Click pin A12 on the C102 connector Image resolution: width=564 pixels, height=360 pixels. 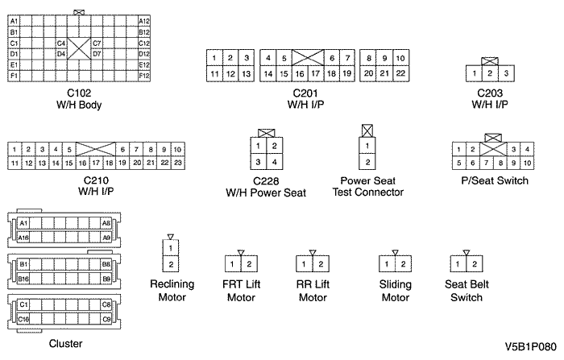pyautogui.click(x=144, y=21)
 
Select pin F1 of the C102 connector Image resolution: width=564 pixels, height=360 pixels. pyautogui.click(x=15, y=76)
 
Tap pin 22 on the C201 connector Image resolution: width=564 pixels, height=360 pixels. pyautogui.click(x=400, y=73)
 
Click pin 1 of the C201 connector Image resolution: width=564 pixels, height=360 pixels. pyautogui.click(x=214, y=58)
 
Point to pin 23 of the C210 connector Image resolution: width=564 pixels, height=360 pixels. pyautogui.click(x=177, y=163)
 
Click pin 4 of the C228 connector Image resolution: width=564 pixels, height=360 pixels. pyautogui.click(x=275, y=163)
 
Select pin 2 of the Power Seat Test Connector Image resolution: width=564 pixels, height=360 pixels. pyautogui.click(x=367, y=163)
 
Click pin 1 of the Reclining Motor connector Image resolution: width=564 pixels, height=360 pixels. pyautogui.click(x=171, y=248)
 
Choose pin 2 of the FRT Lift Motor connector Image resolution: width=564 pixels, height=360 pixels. pyautogui.click(x=248, y=263)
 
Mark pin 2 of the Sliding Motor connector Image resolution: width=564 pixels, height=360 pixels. pyautogui.click(x=402, y=263)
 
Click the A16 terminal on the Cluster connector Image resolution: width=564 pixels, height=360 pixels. pyautogui.click(x=24, y=238)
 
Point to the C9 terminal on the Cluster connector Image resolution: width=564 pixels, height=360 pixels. pyautogui.click(x=106, y=320)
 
